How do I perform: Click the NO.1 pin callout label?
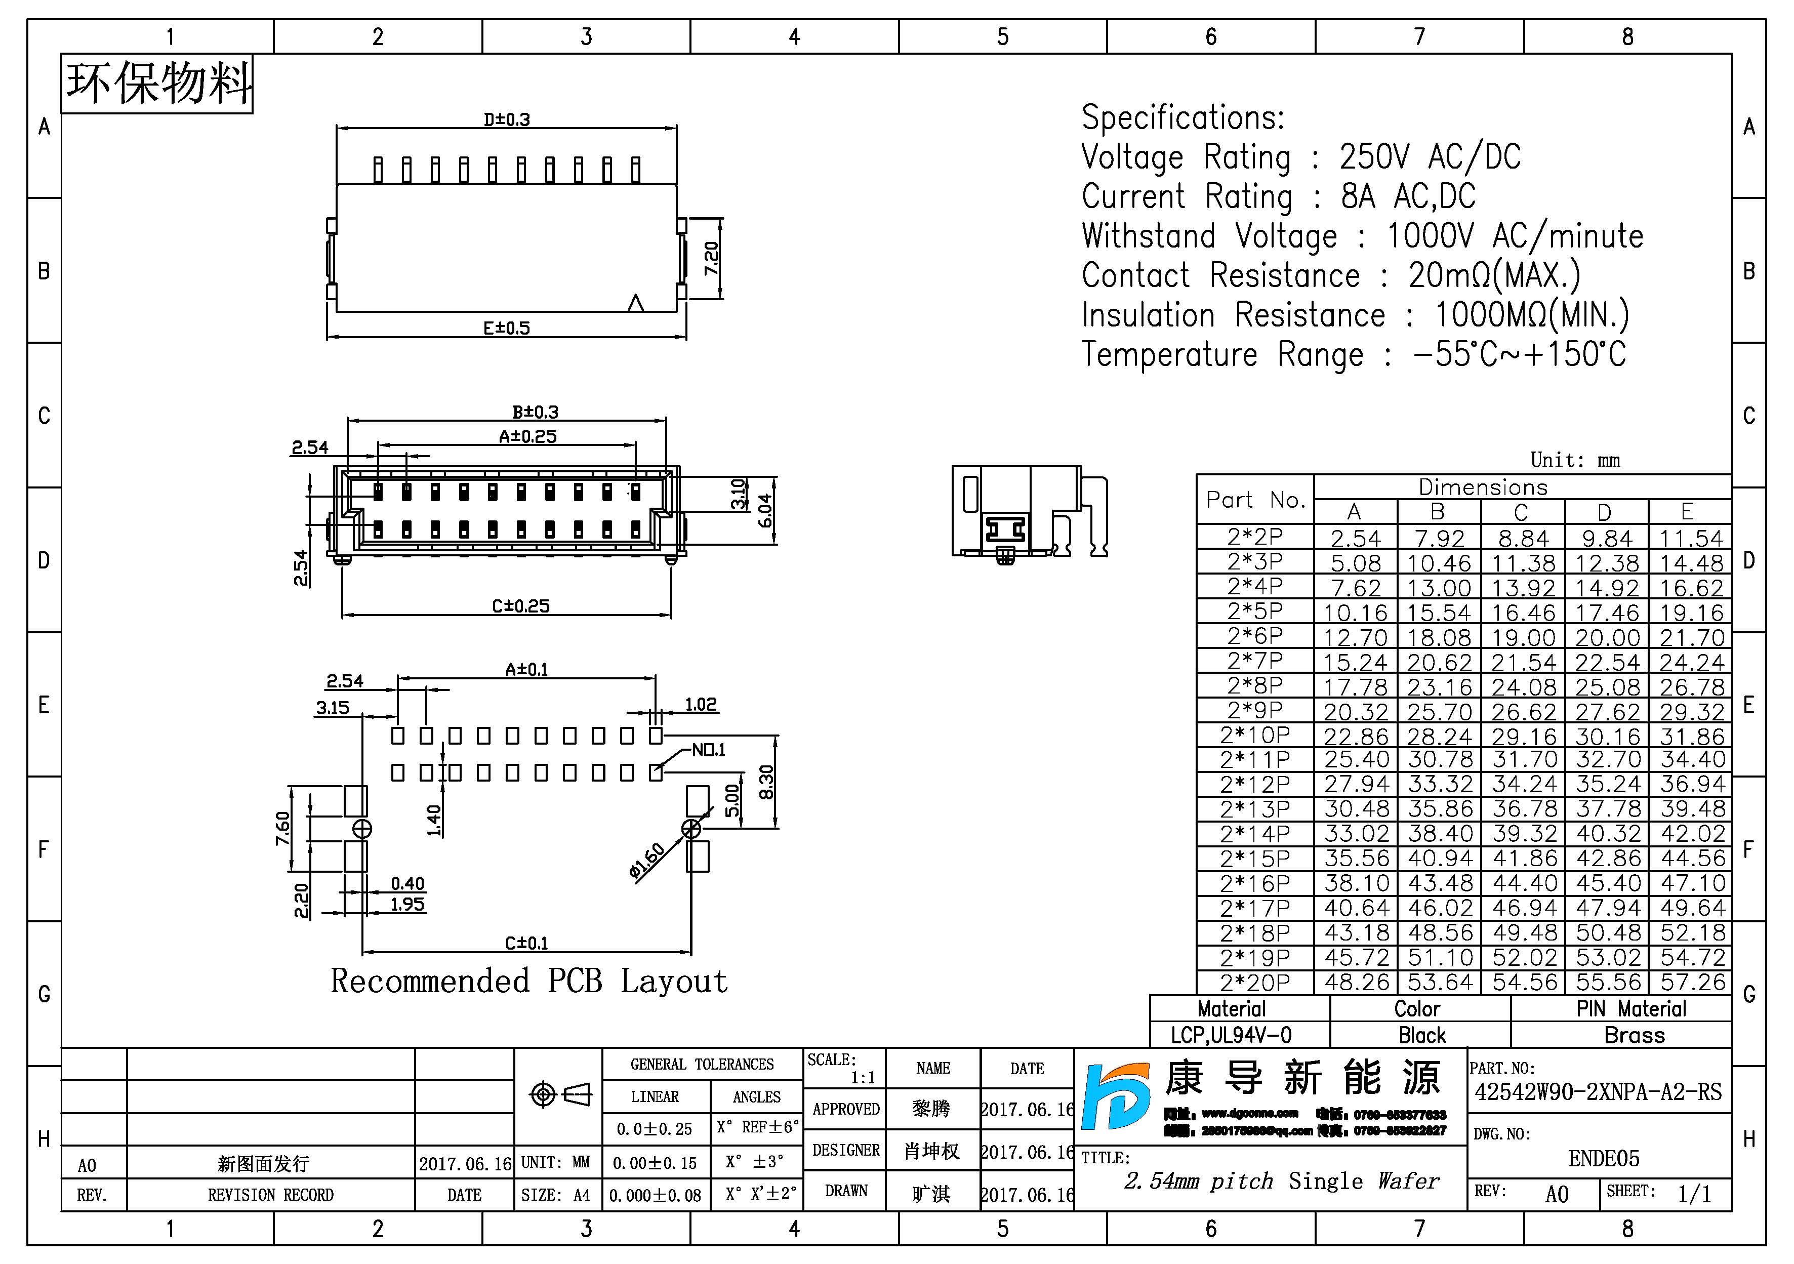click(x=709, y=750)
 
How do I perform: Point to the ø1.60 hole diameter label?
click(x=647, y=861)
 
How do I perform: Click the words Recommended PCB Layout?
click(x=529, y=981)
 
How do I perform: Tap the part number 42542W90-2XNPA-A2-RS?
click(x=1598, y=1092)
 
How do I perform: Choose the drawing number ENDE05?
click(x=1603, y=1159)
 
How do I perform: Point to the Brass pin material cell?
click(x=1634, y=1035)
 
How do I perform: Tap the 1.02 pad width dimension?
click(x=701, y=705)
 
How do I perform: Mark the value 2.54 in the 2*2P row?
click(x=1356, y=538)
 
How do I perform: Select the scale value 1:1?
click(x=863, y=1078)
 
